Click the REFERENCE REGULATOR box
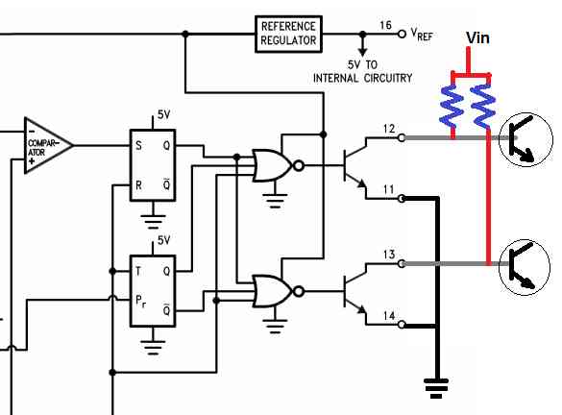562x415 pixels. pyautogui.click(x=288, y=34)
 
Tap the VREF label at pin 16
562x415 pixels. pyautogui.click(x=422, y=34)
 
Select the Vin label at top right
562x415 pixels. pyautogui.click(x=477, y=37)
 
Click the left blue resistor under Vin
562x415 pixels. pyautogui.click(x=452, y=106)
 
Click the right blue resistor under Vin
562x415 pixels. pyautogui.click(x=483, y=106)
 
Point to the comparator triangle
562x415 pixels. pyautogui.click(x=48, y=145)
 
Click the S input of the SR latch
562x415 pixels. pyautogui.click(x=138, y=145)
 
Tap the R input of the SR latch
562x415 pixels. pyautogui.click(x=138, y=185)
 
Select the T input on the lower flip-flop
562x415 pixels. pyautogui.click(x=138, y=271)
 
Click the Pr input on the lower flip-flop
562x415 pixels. pyautogui.click(x=140, y=301)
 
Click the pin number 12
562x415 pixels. pyautogui.click(x=389, y=129)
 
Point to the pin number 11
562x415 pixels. pyautogui.click(x=389, y=189)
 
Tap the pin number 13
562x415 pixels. pyautogui.click(x=389, y=255)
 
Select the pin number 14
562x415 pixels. pyautogui.click(x=389, y=316)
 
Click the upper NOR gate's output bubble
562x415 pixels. pyautogui.click(x=299, y=165)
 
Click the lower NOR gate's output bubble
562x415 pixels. pyautogui.click(x=299, y=291)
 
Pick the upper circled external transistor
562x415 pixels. pyautogui.click(x=525, y=139)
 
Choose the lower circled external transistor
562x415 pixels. pyautogui.click(x=525, y=267)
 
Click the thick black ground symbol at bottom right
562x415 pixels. pyautogui.click(x=436, y=388)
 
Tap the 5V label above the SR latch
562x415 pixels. pyautogui.click(x=164, y=114)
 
